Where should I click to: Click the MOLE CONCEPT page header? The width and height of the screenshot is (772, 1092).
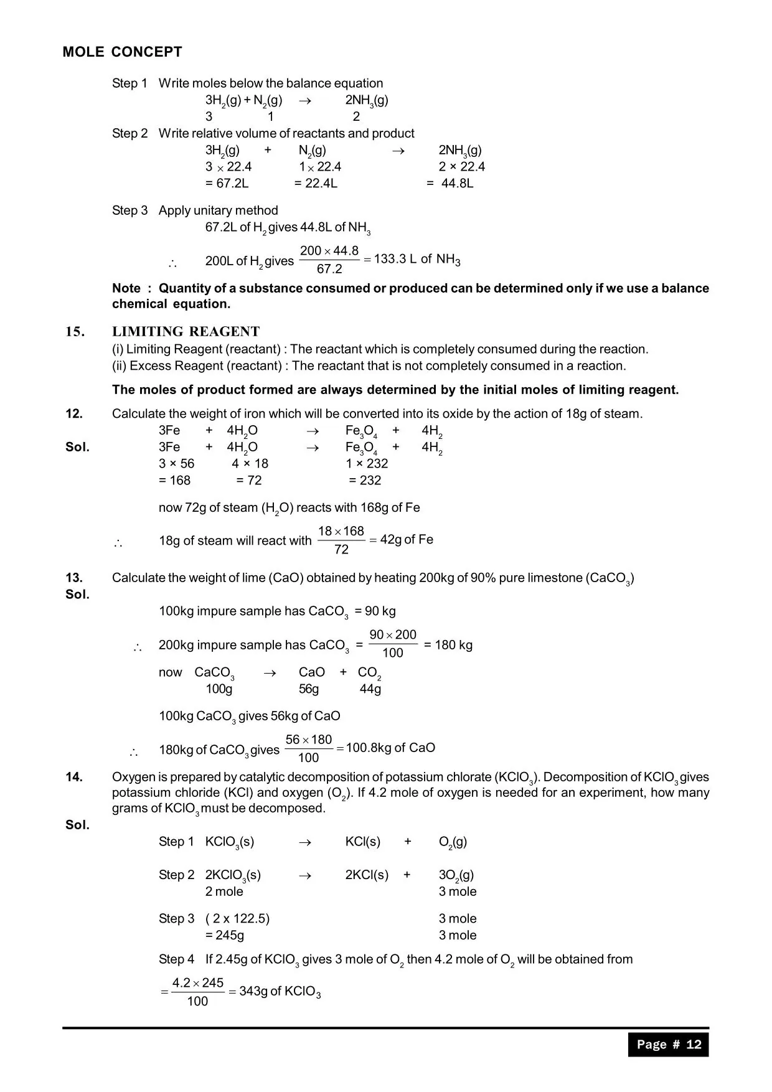(x=122, y=52)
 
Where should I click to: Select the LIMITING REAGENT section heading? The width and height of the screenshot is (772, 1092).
(x=186, y=332)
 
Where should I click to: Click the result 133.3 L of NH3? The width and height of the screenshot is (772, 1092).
(x=417, y=260)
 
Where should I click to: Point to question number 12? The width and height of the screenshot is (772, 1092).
(x=74, y=414)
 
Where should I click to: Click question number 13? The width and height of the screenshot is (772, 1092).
(x=74, y=578)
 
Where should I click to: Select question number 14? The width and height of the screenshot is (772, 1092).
(x=74, y=777)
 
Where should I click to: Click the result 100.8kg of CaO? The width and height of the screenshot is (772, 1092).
(x=390, y=748)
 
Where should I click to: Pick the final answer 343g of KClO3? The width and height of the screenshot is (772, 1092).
(x=280, y=991)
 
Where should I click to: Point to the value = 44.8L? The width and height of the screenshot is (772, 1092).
(x=450, y=184)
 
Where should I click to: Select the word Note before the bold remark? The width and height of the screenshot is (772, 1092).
(x=126, y=288)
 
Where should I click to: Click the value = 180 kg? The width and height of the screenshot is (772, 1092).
(x=448, y=645)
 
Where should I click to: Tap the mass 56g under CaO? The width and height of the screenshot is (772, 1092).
(x=309, y=689)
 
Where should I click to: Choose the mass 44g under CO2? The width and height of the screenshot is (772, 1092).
(x=370, y=689)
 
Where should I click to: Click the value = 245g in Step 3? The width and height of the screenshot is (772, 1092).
(x=225, y=935)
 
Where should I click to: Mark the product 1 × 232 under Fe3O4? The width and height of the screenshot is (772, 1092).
(x=367, y=464)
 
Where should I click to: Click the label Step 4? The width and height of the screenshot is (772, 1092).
(x=176, y=959)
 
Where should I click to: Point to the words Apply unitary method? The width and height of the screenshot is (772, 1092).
(x=218, y=210)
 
